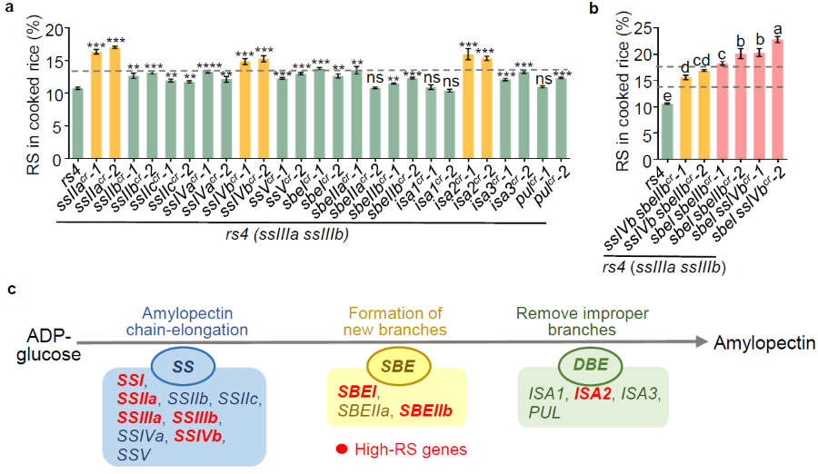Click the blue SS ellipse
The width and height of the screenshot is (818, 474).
coord(182,365)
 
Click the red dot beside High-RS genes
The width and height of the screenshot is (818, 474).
coord(342,447)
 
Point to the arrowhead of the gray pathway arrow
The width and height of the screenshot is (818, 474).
coord(701,342)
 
